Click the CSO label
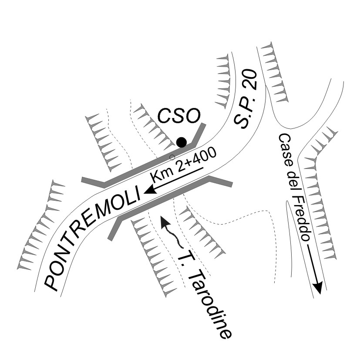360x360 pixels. click(x=178, y=117)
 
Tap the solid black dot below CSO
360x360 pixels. click(x=182, y=142)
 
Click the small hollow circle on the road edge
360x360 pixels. click(x=172, y=157)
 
